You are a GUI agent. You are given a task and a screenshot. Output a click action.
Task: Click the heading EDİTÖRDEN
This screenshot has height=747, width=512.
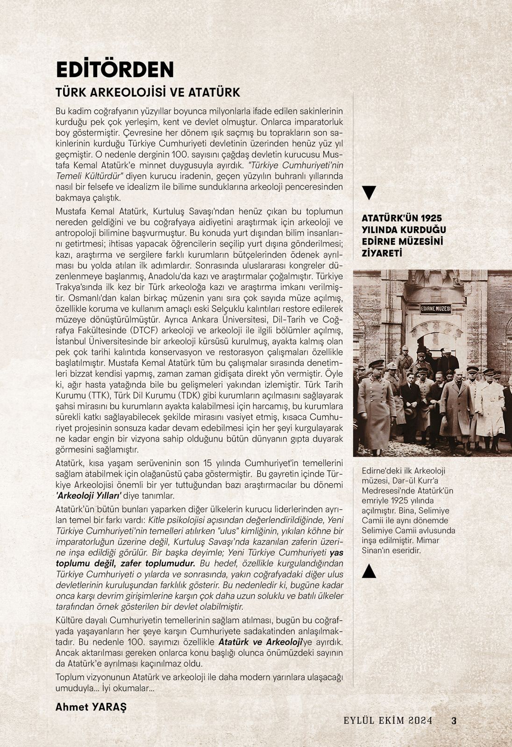coord(114,70)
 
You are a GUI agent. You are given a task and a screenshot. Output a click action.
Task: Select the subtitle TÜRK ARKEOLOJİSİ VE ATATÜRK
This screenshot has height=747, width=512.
coord(148,92)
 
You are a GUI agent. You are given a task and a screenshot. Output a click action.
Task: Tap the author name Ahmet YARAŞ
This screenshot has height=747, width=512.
coord(91,706)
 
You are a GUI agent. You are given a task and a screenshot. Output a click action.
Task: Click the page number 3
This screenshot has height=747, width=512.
coord(454,720)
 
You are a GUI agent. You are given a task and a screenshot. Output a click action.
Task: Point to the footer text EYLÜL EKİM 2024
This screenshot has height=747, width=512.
coord(388,720)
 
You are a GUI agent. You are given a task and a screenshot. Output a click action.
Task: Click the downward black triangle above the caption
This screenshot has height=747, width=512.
coord(369,192)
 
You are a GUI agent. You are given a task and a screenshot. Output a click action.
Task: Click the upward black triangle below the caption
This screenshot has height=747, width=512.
coord(369,571)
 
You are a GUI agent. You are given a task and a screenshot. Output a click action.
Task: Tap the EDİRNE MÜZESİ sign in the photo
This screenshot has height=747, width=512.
coord(435,309)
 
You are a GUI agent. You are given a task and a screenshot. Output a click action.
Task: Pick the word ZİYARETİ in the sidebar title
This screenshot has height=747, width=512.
coord(382,253)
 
